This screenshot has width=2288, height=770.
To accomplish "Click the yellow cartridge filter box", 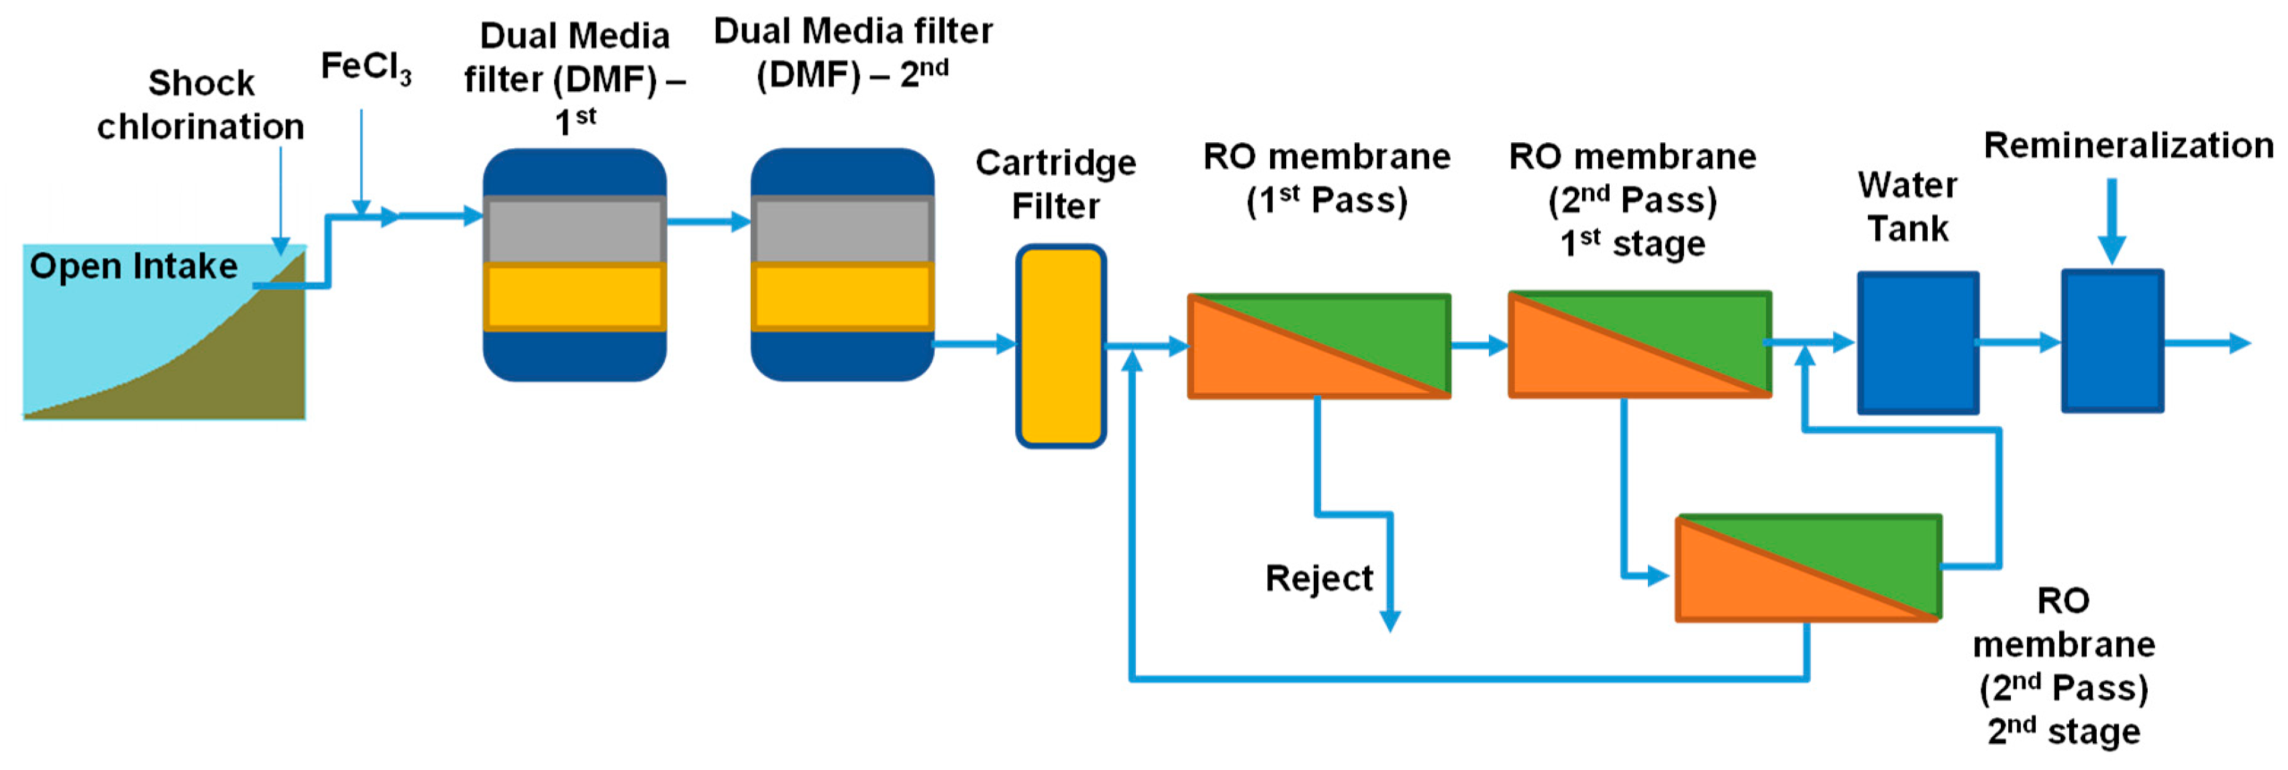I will (x=1061, y=347).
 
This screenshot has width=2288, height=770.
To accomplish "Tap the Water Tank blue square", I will (x=1917, y=343).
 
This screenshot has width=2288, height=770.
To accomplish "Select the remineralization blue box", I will (x=2112, y=341).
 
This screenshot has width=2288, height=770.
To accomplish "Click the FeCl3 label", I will (x=366, y=68).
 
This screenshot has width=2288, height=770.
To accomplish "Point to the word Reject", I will (x=1318, y=579).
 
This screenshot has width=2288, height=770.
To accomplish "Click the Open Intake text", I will (x=133, y=266).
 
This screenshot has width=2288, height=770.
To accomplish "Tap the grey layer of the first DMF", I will (x=575, y=230).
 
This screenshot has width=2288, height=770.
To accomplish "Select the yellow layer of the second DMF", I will (x=842, y=297).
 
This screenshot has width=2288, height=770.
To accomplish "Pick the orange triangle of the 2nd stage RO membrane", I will (x=1752, y=585).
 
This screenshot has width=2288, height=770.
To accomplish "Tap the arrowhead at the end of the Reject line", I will (x=1390, y=620).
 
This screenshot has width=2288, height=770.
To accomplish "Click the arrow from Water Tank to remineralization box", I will (x=2018, y=342).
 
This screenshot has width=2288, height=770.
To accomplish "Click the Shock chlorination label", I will (x=200, y=105).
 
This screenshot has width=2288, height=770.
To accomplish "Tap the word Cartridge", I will (x=1056, y=163).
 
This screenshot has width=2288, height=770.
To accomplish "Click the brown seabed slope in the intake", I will (x=241, y=366).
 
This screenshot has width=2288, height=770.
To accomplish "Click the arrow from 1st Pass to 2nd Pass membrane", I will (x=1479, y=345).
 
